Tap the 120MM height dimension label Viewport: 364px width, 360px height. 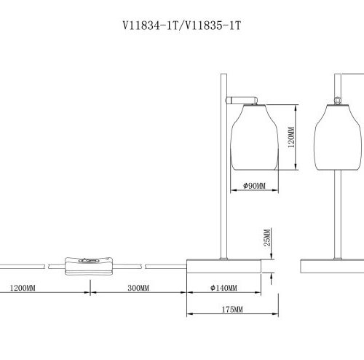[x=290, y=136]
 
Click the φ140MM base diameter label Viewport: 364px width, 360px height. [x=223, y=289]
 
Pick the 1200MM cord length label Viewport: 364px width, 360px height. [x=22, y=289]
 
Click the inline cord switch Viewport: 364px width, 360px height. [x=89, y=265]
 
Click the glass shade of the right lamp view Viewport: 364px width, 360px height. [x=338, y=138]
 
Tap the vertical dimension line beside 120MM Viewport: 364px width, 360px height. [x=297, y=138]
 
